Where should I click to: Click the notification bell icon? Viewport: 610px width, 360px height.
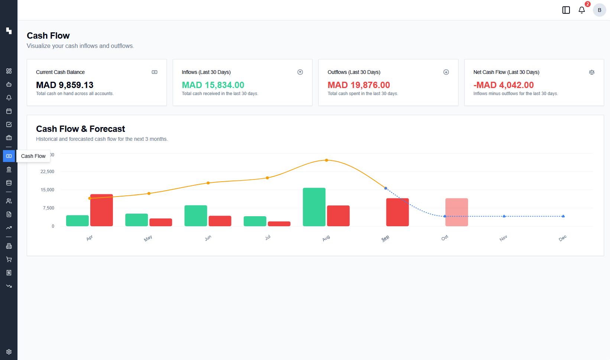pos(582,10)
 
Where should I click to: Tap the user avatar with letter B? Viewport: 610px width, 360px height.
pos(599,10)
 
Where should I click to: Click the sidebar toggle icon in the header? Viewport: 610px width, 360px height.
pos(566,10)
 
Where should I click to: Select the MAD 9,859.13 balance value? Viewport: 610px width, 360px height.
pos(65,85)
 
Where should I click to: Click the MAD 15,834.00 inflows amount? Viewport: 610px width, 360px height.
pos(213,85)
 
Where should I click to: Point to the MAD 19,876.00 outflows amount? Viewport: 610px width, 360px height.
pos(358,85)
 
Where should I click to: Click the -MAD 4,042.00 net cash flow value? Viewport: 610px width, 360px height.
pos(503,85)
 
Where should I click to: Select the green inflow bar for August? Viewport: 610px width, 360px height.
pos(314,207)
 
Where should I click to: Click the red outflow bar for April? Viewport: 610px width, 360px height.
pos(101,210)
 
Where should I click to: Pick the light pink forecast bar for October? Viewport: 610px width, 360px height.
pos(457,212)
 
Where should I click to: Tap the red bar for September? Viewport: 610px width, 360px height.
pos(397,212)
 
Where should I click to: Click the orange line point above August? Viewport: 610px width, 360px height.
pos(327,160)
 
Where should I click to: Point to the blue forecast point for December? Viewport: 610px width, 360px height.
pos(563,216)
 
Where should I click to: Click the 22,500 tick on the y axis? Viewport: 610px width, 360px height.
pos(47,172)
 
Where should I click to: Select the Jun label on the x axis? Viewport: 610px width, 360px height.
pos(208,238)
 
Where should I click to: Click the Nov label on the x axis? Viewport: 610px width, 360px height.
pos(503,238)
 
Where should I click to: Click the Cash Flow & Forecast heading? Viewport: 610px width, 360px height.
pos(80,129)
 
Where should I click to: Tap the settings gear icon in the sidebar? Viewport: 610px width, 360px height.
pos(9,352)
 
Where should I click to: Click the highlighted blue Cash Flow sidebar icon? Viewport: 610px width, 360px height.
pos(9,156)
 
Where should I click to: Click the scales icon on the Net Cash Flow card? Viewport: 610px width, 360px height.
pos(592,72)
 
